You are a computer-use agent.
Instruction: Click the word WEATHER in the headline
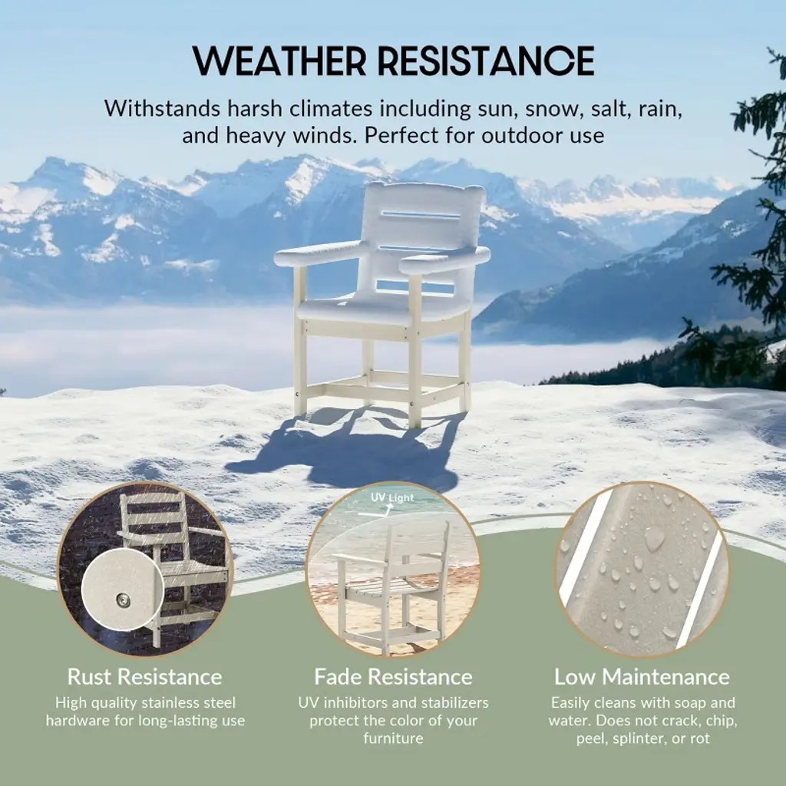pyautogui.click(x=279, y=61)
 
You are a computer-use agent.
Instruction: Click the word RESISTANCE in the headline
pyautogui.click(x=486, y=61)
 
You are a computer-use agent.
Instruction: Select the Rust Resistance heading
pyautogui.click(x=145, y=677)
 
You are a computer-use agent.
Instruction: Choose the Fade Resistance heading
pyautogui.click(x=393, y=677)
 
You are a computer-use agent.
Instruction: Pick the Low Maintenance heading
pyautogui.click(x=642, y=677)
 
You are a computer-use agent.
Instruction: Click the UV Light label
pyautogui.click(x=392, y=497)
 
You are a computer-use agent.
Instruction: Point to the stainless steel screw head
pyautogui.click(x=122, y=599)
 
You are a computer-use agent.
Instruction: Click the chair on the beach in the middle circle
pyautogui.click(x=391, y=586)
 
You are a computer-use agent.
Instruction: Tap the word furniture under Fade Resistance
pyautogui.click(x=393, y=738)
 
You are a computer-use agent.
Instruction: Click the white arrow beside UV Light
pyautogui.click(x=376, y=511)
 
